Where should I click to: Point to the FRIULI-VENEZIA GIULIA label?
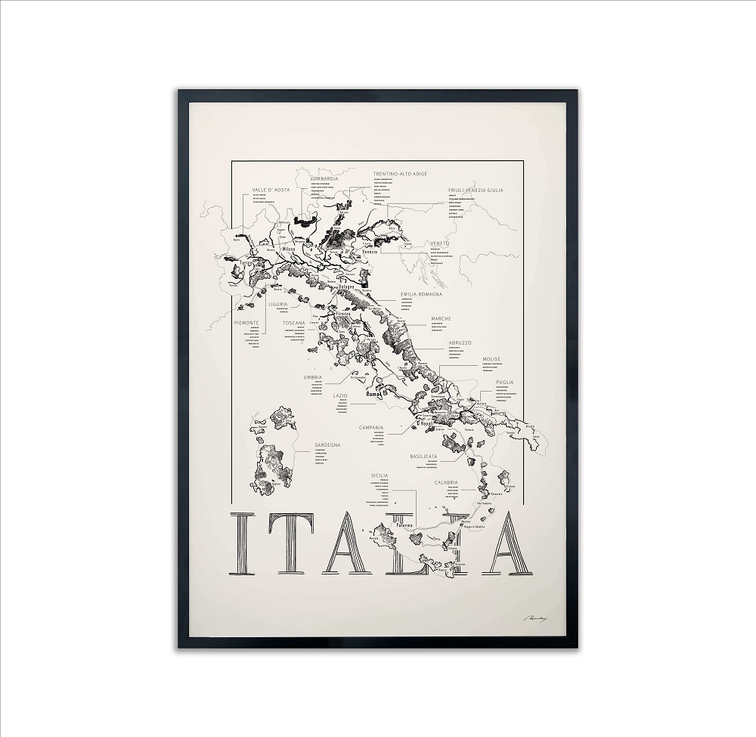click(475, 190)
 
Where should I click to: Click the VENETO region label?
click(440, 243)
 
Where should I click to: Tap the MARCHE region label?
click(441, 319)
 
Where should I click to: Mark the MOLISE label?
click(491, 359)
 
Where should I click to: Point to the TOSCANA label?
click(294, 323)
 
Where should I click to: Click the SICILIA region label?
click(379, 475)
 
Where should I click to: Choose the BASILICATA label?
click(424, 457)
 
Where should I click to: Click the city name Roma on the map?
click(371, 395)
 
